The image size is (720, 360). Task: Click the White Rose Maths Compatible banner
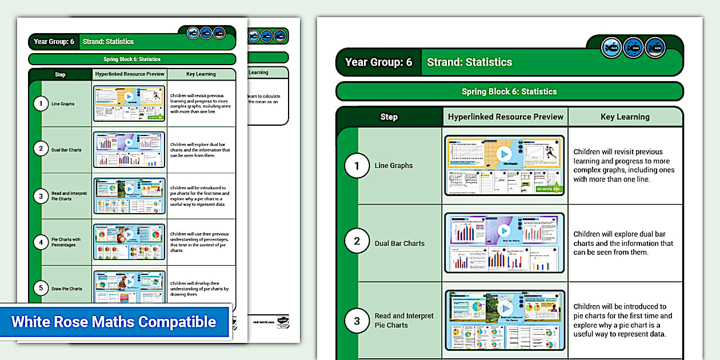tap(114, 321)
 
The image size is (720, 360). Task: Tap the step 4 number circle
tap(41, 242)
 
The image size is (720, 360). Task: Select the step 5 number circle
tap(41, 288)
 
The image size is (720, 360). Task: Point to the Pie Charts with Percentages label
tap(66, 242)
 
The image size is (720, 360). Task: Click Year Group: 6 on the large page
tap(378, 62)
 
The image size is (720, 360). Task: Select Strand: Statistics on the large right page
tap(470, 62)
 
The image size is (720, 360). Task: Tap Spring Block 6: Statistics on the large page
tap(509, 91)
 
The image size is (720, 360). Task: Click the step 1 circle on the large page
tap(357, 166)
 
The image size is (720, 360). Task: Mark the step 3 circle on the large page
tap(357, 320)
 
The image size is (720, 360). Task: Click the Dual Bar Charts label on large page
tap(399, 243)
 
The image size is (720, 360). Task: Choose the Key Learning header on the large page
tap(625, 117)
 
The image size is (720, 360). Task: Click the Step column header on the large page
tap(389, 117)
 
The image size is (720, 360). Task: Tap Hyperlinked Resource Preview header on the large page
tap(506, 117)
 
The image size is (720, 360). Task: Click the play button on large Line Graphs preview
tap(504, 154)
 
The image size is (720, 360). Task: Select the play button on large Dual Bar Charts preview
tap(504, 230)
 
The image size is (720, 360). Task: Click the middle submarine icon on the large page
tap(633, 47)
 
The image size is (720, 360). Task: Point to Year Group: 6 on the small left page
tap(54, 42)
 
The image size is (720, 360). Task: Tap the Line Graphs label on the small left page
tap(63, 104)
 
